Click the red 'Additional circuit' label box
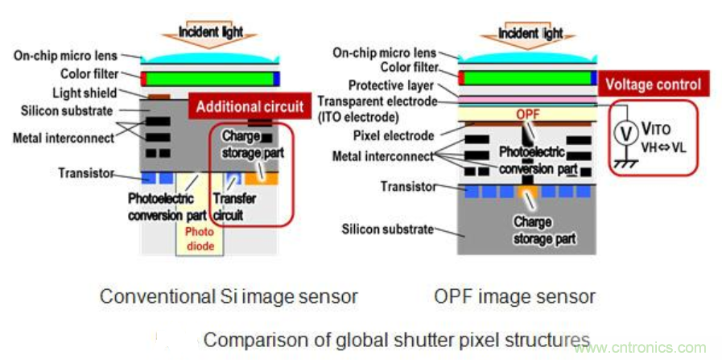tap(250, 106)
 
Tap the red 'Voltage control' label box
tap(653, 84)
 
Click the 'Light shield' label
tap(85, 93)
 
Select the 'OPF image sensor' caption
tap(514, 296)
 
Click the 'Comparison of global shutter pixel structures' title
tap(396, 339)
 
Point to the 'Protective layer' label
tap(391, 85)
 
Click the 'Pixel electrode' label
tap(394, 135)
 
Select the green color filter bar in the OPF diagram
tap(527, 77)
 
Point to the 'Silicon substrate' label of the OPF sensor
tap(389, 229)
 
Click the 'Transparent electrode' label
tap(378, 101)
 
